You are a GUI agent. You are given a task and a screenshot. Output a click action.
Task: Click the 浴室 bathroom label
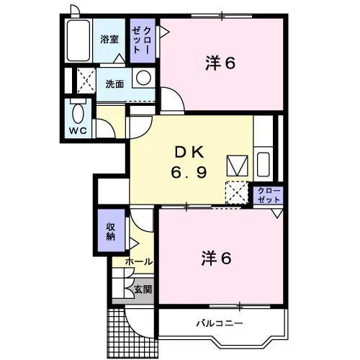[109, 40]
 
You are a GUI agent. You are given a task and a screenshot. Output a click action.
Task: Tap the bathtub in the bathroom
[78, 40]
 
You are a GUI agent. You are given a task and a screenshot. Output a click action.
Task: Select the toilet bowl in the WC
[78, 114]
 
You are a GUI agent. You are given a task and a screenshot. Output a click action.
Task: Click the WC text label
[78, 131]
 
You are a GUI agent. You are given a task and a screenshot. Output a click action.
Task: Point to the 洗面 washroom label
[114, 84]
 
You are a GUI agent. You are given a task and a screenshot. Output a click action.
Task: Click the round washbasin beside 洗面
[143, 78]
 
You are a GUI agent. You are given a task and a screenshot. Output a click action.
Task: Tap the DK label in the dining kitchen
[189, 152]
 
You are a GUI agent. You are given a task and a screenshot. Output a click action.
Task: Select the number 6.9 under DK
[189, 172]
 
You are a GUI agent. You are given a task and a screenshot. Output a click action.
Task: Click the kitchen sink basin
[264, 164]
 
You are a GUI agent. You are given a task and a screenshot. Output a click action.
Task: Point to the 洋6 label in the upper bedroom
[220, 63]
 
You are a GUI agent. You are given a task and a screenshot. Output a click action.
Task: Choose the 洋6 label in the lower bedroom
[216, 258]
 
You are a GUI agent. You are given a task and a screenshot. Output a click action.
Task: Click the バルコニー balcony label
[220, 323]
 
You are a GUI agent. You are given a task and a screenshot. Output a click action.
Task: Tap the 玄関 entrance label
[143, 289]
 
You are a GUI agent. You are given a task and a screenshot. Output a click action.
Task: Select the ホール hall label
[139, 261]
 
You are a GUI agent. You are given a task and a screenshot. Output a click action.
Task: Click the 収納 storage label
[111, 232]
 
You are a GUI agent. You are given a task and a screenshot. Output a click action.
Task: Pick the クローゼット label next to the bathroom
[142, 40]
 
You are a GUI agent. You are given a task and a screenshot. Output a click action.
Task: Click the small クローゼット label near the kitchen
[269, 195]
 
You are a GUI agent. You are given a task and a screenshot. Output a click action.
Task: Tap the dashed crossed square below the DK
[237, 193]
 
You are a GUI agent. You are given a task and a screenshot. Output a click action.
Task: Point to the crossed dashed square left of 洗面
[86, 81]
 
